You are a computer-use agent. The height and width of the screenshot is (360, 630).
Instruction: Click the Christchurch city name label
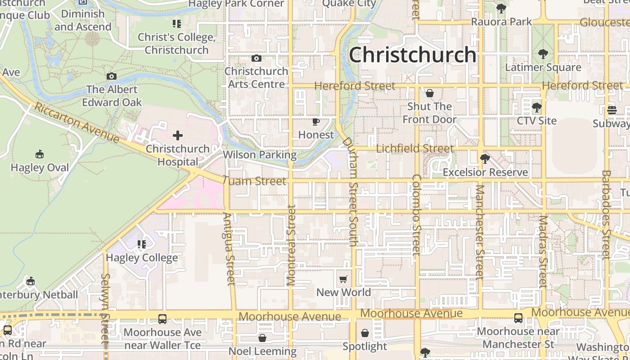tap(412, 55)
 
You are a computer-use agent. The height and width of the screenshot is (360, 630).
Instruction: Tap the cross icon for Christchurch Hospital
tap(178, 135)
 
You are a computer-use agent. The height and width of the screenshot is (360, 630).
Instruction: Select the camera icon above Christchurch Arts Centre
tap(256, 58)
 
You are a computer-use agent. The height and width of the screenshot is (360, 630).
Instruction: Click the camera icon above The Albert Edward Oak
tap(112, 76)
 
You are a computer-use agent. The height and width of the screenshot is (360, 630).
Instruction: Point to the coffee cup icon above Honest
tap(316, 121)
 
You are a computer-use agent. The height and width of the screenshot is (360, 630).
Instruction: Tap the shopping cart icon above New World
tap(343, 279)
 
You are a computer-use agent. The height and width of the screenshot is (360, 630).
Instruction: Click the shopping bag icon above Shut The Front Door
tap(430, 93)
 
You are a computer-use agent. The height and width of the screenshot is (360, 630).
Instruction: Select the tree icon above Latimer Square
tap(543, 54)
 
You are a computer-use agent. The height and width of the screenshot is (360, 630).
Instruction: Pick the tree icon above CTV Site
tap(536, 108)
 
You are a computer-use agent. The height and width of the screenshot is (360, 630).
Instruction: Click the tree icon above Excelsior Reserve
tap(485, 159)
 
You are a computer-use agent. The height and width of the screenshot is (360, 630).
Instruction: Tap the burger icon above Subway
tap(612, 110)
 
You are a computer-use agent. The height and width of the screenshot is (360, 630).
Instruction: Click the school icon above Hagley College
tap(142, 244)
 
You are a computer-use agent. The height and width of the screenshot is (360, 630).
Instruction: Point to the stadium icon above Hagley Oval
tap(40, 154)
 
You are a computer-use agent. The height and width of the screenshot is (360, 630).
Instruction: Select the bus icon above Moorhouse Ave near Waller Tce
tap(162, 319)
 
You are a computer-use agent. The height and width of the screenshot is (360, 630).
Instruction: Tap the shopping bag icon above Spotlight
tap(365, 333)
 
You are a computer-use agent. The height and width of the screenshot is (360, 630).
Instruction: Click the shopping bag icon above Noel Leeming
tap(262, 337)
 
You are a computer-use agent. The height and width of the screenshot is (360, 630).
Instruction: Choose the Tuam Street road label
tap(254, 181)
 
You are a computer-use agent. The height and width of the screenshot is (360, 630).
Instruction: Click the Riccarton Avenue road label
tap(76, 122)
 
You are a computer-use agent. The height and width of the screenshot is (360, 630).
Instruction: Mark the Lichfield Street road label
tap(414, 148)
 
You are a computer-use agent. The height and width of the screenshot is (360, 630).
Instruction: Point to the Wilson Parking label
tap(260, 155)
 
